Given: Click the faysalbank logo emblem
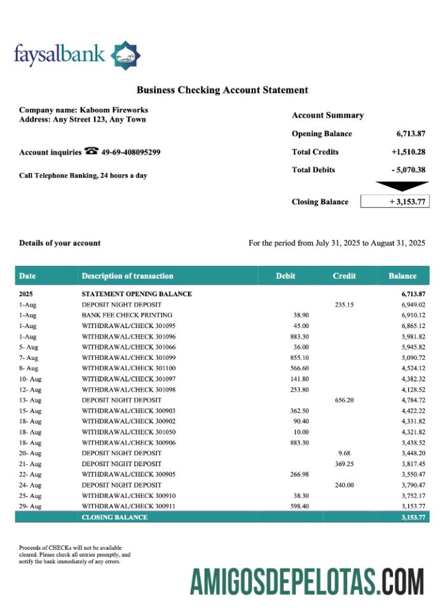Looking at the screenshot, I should point(126,55).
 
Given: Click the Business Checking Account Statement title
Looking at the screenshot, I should point(222,90).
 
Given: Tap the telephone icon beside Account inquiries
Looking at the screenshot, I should point(92,151).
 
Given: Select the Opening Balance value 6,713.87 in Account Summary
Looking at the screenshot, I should point(410,134).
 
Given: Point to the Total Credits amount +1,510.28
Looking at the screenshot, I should point(408,152).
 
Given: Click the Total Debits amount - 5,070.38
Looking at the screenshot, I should point(408,170).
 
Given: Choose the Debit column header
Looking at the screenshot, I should point(285,276).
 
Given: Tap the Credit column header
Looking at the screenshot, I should point(344,276).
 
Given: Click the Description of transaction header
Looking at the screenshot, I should point(127,276).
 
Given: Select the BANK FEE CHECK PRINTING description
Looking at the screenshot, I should point(127,315).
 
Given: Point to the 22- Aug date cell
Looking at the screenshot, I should point(30,474).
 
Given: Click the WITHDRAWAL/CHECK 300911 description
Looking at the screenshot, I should point(130,506).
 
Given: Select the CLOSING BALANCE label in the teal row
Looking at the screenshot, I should point(114,517).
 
